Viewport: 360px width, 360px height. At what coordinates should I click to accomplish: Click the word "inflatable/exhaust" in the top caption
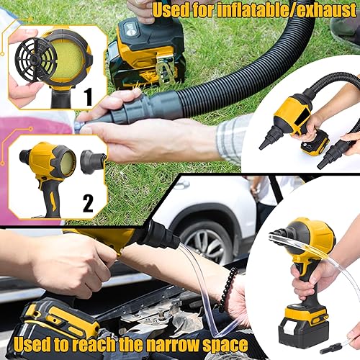tap(287, 10)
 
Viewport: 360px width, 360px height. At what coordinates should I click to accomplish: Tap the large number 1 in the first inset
tap(88, 96)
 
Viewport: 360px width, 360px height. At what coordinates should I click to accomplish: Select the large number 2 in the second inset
tap(88, 203)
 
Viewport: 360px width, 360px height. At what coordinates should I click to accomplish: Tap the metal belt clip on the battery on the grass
tap(165, 70)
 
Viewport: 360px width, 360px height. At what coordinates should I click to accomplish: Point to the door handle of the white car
tap(182, 186)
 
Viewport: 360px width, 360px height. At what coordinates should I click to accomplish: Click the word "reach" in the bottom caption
tap(94, 344)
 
